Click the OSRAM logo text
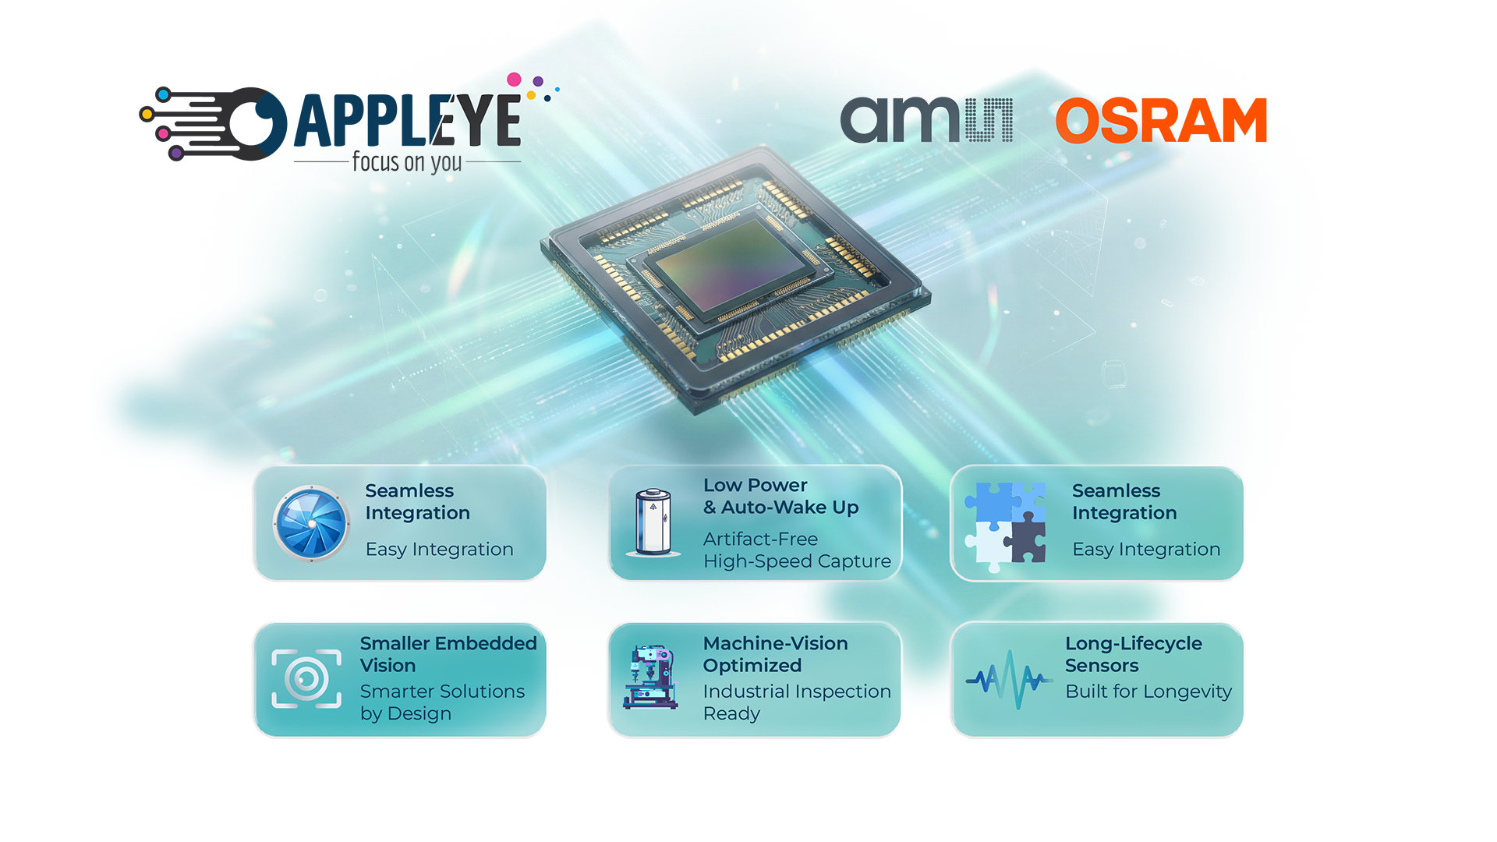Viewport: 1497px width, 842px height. coord(1160,121)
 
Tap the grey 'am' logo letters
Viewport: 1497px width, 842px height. coord(899,121)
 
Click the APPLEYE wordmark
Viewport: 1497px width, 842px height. coord(407,121)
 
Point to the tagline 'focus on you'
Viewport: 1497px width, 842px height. coord(407,162)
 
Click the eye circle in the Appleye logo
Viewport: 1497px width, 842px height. coord(254,122)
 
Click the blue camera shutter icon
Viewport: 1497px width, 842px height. coord(311,523)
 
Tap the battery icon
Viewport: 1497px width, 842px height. coord(653,522)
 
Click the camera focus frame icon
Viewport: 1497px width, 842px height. coord(306,679)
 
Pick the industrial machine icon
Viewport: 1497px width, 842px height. coord(650,677)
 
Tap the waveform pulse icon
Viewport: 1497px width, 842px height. coord(1009,679)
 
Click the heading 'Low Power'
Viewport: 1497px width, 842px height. coord(755,486)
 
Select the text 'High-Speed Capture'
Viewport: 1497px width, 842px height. coord(797,561)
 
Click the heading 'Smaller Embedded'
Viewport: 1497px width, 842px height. coord(448,644)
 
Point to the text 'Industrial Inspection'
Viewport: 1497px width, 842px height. coord(797,692)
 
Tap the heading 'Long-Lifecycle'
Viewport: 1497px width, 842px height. coord(1133,644)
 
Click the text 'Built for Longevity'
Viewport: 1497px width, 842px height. coord(1148,692)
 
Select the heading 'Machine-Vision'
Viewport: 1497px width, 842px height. coord(775,644)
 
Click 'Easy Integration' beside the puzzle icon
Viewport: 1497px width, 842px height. coord(1146,550)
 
